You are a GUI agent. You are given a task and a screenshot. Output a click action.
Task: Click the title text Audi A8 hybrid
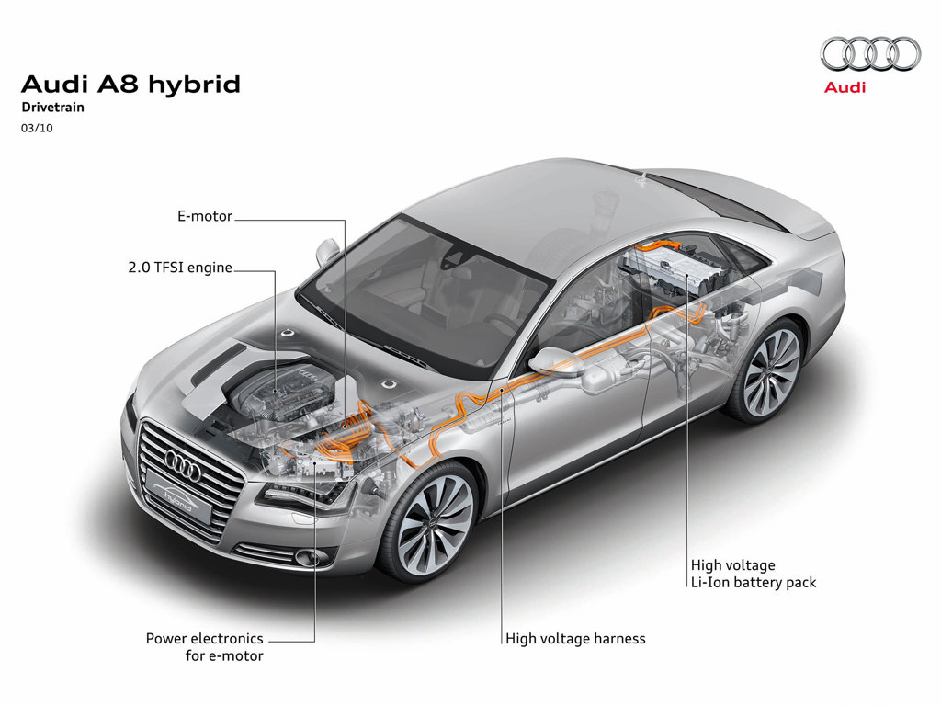pyautogui.click(x=130, y=85)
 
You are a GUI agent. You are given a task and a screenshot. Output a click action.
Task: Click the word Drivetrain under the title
pyautogui.click(x=53, y=108)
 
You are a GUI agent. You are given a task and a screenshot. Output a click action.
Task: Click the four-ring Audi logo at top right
pyautogui.click(x=870, y=53)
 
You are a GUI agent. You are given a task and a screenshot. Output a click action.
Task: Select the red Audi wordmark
pyautogui.click(x=845, y=88)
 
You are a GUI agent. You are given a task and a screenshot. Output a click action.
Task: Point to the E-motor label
pyautogui.click(x=205, y=218)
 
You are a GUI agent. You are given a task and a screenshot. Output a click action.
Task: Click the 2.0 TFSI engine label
pyautogui.click(x=180, y=268)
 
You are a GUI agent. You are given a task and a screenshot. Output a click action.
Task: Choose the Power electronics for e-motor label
pyautogui.click(x=204, y=646)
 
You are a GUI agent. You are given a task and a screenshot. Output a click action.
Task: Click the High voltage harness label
pyautogui.click(x=575, y=638)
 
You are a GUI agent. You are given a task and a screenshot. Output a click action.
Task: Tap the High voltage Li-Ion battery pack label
pyautogui.click(x=753, y=574)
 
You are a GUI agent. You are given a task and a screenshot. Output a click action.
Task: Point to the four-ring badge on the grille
pyautogui.click(x=182, y=467)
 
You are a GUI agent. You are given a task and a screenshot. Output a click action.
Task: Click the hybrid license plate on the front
pyautogui.click(x=178, y=501)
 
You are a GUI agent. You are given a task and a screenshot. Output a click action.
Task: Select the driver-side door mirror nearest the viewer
pyautogui.click(x=554, y=360)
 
